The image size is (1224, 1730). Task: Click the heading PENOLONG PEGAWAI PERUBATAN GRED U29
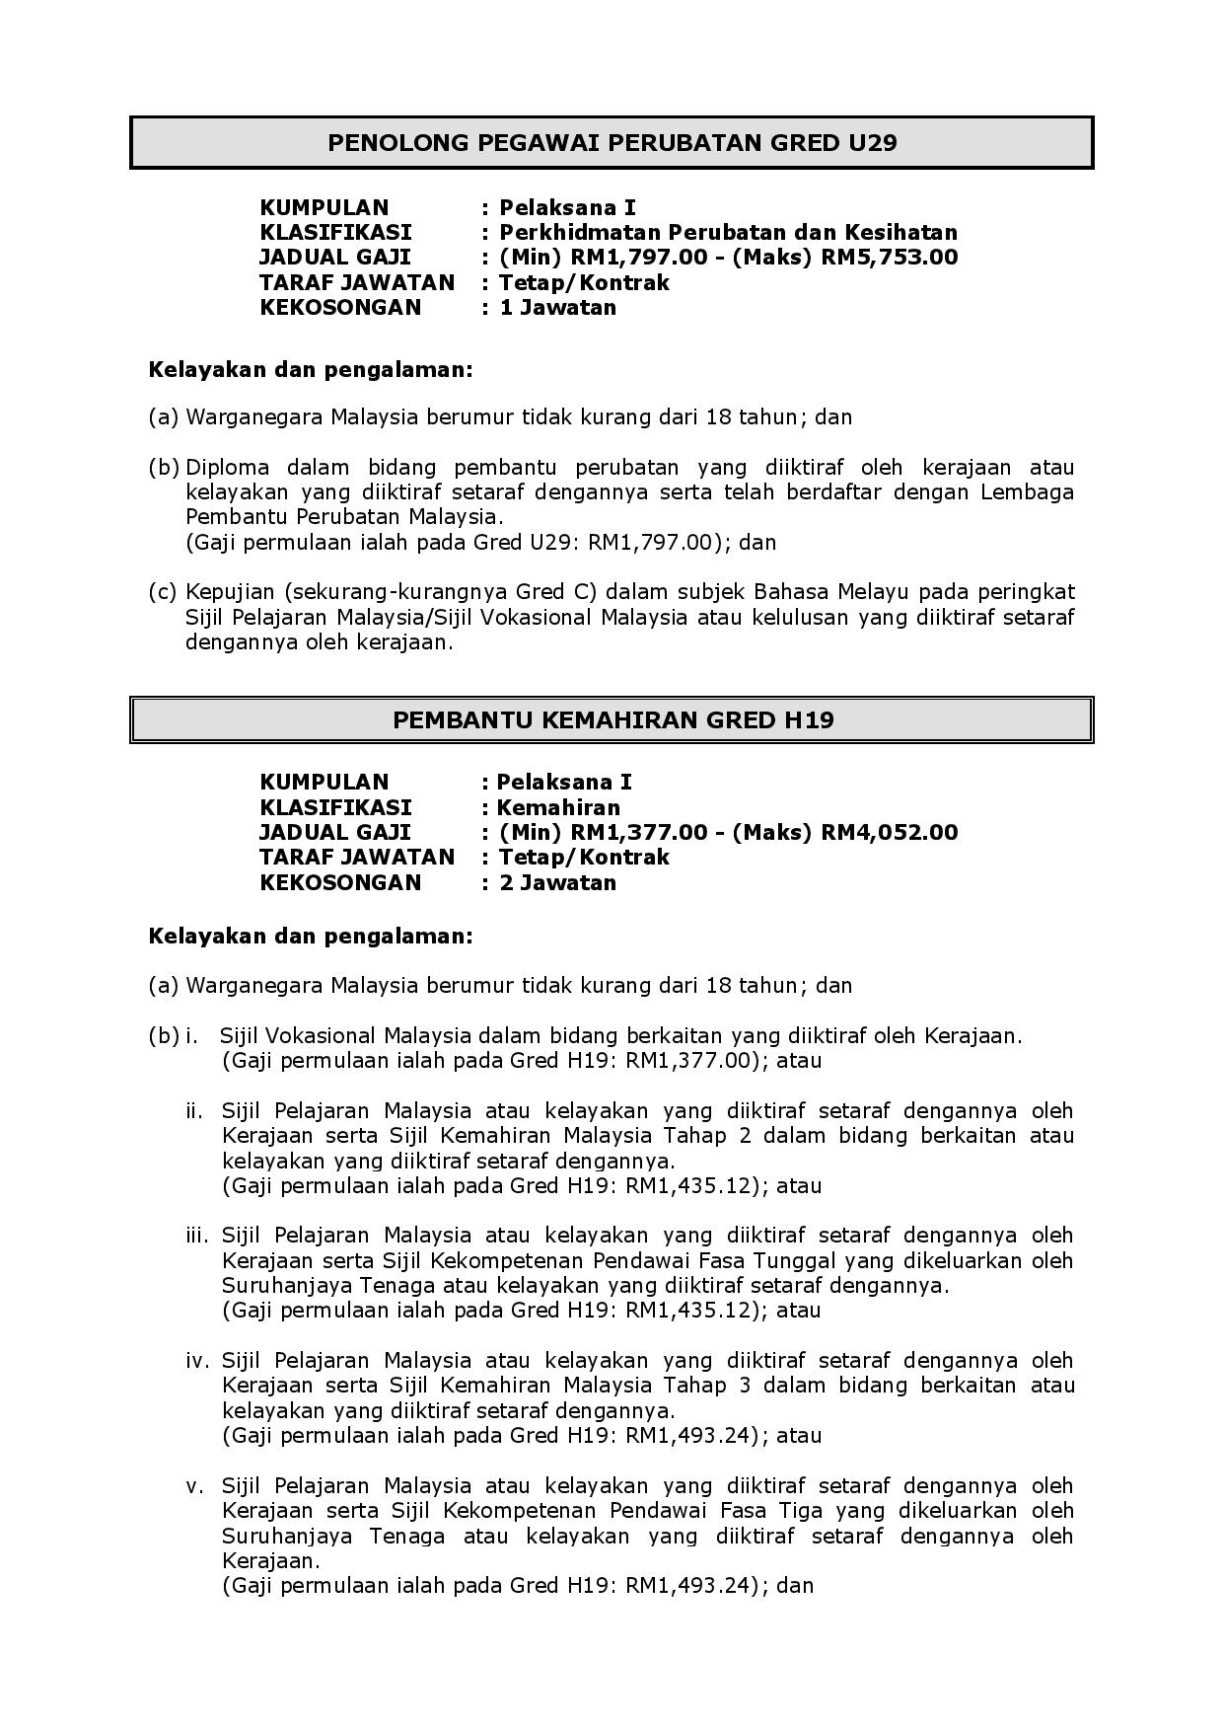coord(612,143)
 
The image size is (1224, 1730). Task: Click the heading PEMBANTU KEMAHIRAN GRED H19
coord(612,719)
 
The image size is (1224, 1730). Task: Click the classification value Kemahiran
coord(558,807)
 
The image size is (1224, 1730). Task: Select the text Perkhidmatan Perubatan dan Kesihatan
coord(728,233)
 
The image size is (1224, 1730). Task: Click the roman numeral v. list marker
coord(195,1485)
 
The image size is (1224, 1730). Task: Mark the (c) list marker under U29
coord(163,592)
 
